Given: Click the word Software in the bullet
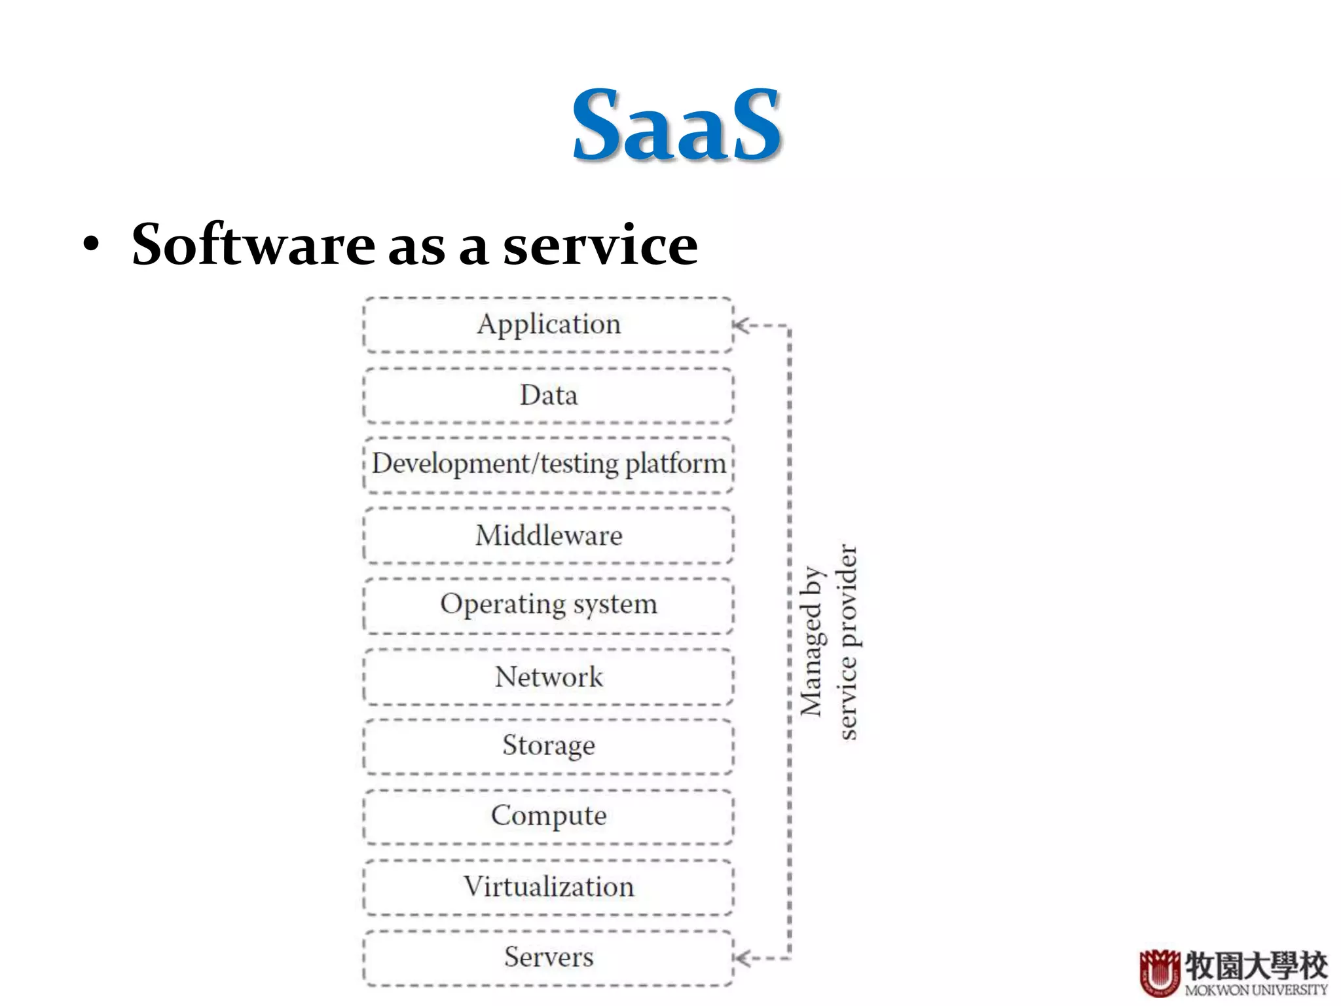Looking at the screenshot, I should (x=253, y=244).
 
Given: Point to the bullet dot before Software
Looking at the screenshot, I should (x=92, y=246).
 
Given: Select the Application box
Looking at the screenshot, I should (x=548, y=325).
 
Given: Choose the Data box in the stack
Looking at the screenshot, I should (x=548, y=396).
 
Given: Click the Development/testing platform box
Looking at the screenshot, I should (x=548, y=465).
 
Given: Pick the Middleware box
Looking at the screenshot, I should (x=548, y=536).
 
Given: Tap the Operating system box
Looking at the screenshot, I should (x=548, y=605).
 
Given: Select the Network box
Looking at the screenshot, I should (x=548, y=677).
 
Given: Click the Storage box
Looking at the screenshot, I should (x=548, y=746).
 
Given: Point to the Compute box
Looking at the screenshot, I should (x=548, y=816).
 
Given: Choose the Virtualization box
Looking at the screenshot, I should (x=548, y=887).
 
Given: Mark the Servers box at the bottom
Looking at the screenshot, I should (x=548, y=958).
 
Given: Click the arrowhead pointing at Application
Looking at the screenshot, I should (x=741, y=326).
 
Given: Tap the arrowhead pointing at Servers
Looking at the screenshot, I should (x=741, y=959).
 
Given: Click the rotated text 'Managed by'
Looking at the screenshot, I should (x=811, y=641).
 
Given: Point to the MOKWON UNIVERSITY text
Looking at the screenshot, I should (x=1256, y=990).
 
